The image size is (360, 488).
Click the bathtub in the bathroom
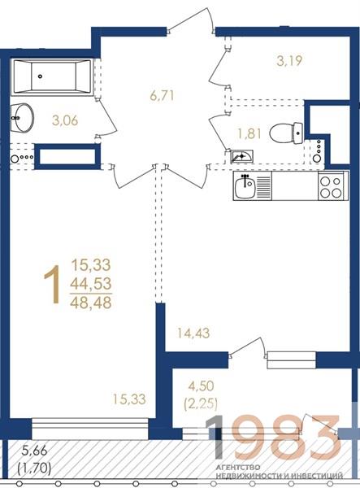(52, 76)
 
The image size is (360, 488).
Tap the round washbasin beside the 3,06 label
(23, 118)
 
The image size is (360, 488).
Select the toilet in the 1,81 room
(286, 133)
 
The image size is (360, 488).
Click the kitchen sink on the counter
(245, 187)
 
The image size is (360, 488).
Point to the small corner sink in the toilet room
(241, 156)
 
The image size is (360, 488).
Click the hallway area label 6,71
(162, 95)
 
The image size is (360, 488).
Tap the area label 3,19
(289, 61)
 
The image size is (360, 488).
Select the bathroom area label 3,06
(65, 120)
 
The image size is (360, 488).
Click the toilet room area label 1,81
(249, 133)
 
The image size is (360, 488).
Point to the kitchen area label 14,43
(193, 333)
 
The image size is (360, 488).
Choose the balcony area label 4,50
(202, 386)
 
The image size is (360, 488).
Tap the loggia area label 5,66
(34, 451)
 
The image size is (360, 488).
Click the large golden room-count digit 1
(52, 285)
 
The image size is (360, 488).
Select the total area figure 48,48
(91, 303)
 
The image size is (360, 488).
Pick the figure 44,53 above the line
(91, 284)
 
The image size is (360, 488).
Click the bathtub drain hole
(40, 76)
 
